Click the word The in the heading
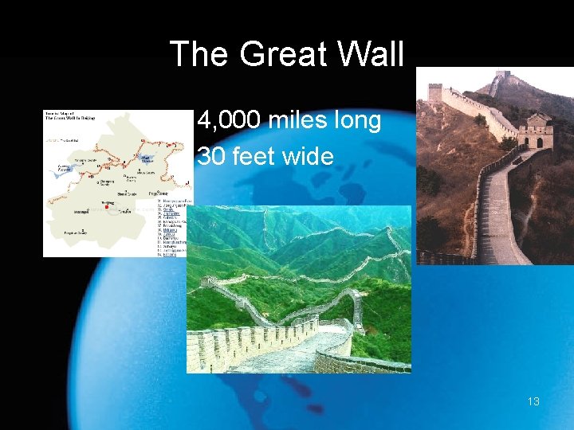point(200,54)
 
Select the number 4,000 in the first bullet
point(230,122)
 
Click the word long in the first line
point(359,122)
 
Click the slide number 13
point(533,401)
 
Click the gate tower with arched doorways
point(536,131)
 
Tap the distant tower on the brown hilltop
point(501,78)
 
